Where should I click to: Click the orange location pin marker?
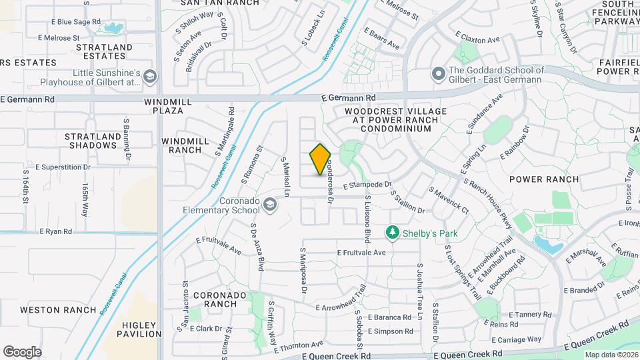tap(320, 159)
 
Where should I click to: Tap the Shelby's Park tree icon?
tap(393, 233)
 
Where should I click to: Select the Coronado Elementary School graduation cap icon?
tap(269, 205)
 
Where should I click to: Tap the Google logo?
tap(22, 351)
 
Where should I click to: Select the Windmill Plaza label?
tap(163, 106)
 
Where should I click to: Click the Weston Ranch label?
tap(50, 309)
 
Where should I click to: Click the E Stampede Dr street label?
tap(367, 185)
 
